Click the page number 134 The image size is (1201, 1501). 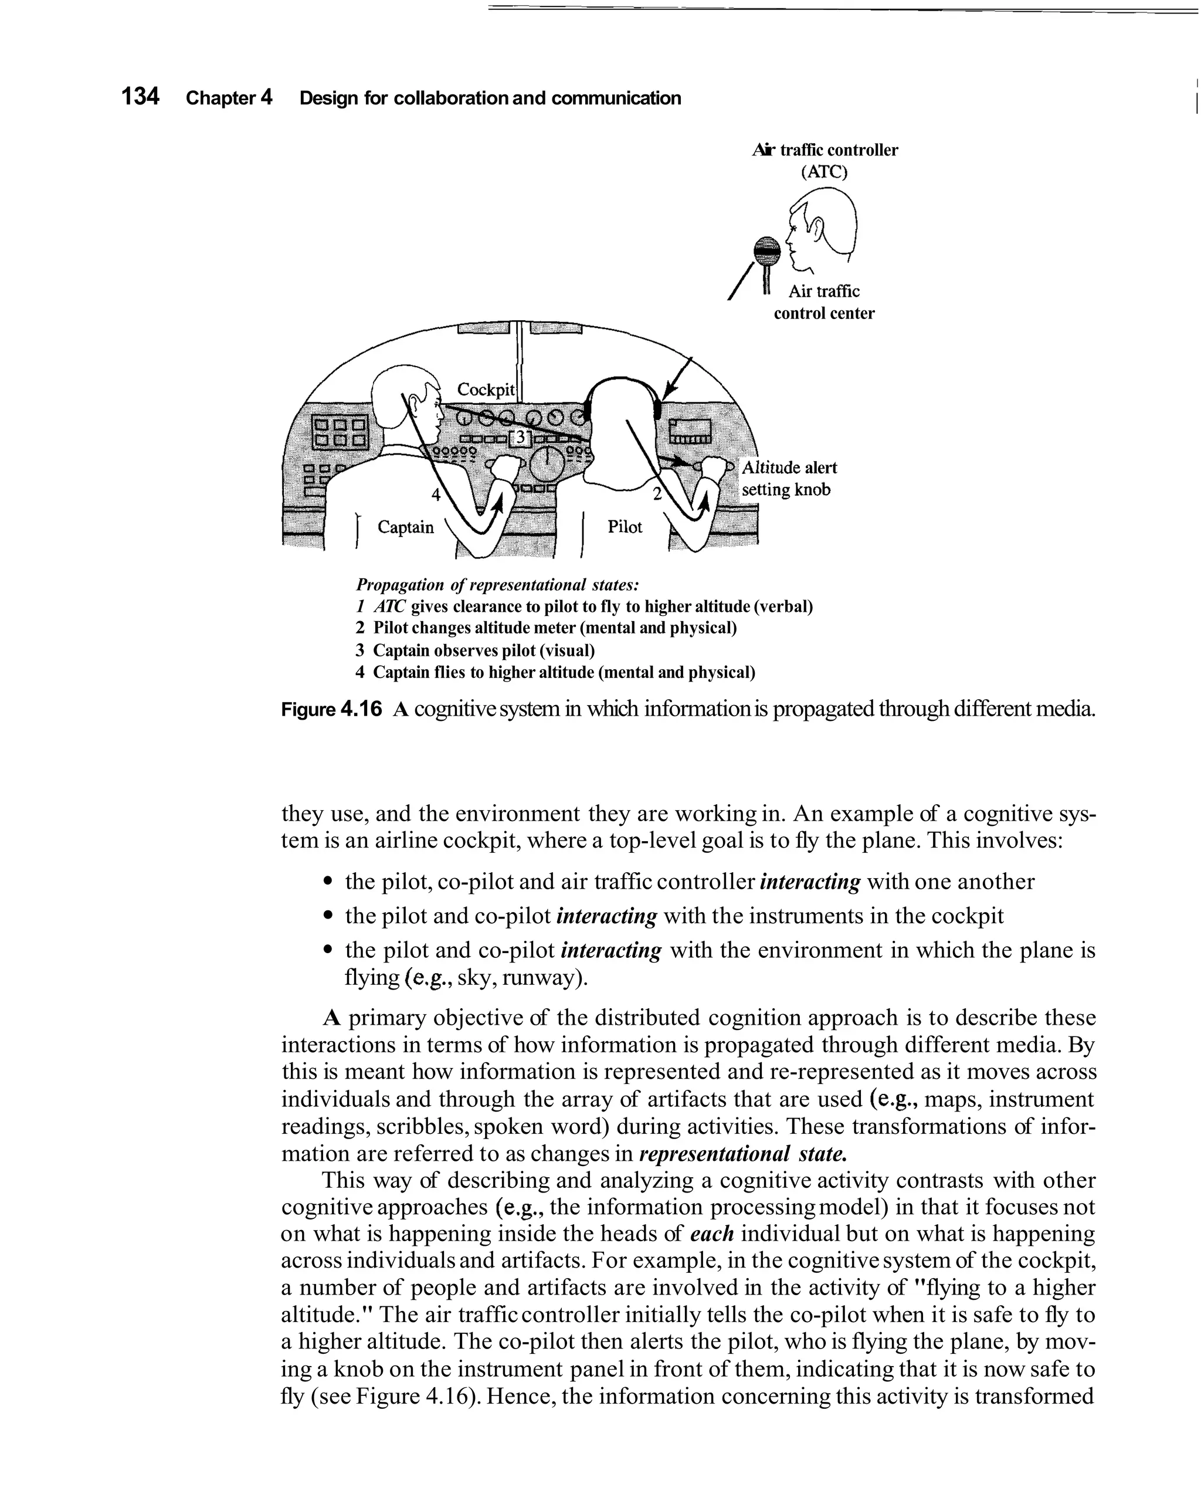pos(140,96)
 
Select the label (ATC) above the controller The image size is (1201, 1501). pos(825,171)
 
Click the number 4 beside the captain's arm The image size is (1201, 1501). pos(436,495)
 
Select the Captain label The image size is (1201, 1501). pos(405,527)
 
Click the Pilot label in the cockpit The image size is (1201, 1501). pos(625,527)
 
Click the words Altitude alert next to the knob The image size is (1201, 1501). pos(789,467)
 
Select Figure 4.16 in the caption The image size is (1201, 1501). pos(332,709)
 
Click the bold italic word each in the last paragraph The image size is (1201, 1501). pos(713,1234)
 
